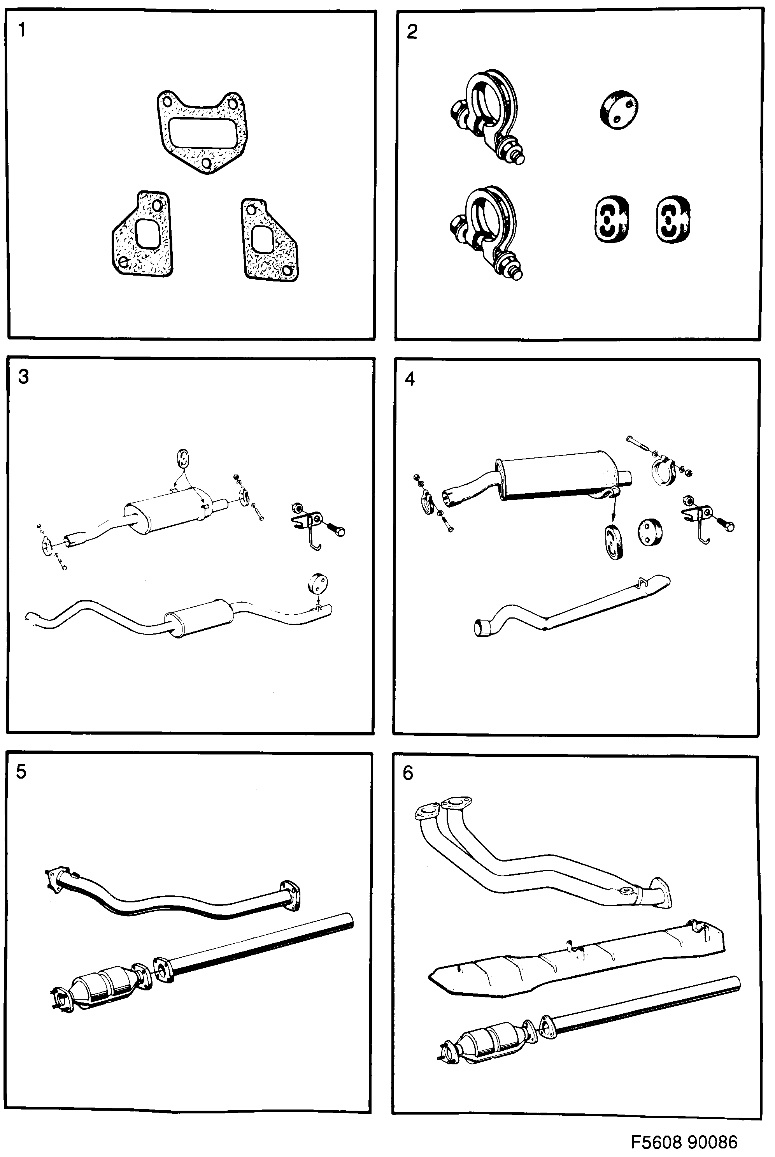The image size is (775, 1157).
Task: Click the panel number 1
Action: (x=21, y=31)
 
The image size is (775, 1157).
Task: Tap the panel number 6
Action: (x=408, y=773)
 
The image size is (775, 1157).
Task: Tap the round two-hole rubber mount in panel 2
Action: (x=618, y=110)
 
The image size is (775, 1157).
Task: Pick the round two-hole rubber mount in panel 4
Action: (x=650, y=532)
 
